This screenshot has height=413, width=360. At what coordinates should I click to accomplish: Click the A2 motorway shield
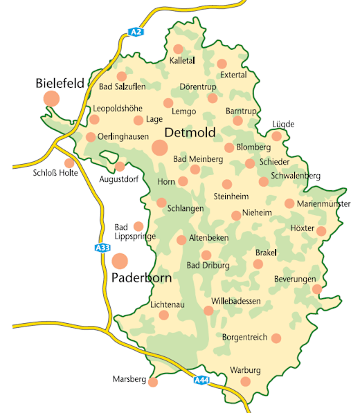point(136,32)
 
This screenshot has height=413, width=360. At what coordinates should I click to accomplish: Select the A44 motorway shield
point(201,380)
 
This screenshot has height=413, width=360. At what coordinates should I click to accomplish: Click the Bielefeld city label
point(60,83)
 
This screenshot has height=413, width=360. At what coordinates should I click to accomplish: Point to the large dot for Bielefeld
point(51,98)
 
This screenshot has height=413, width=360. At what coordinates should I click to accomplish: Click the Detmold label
point(190,132)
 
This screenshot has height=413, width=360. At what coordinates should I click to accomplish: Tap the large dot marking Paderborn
point(120,261)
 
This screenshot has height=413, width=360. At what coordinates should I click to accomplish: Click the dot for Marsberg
point(153,382)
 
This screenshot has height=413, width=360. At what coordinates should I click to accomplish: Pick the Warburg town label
point(245,370)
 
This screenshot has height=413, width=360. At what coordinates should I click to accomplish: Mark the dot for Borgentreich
point(276,338)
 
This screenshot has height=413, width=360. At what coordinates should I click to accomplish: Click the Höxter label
point(303,228)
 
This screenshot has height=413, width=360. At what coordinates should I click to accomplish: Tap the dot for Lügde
point(276,136)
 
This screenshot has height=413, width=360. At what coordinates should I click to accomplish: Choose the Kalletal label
point(183,62)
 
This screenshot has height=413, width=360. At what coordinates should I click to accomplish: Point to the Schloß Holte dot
point(69,163)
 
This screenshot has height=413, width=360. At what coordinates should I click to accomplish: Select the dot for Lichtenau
point(164,315)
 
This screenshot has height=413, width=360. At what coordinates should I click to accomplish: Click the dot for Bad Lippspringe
point(138,226)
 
